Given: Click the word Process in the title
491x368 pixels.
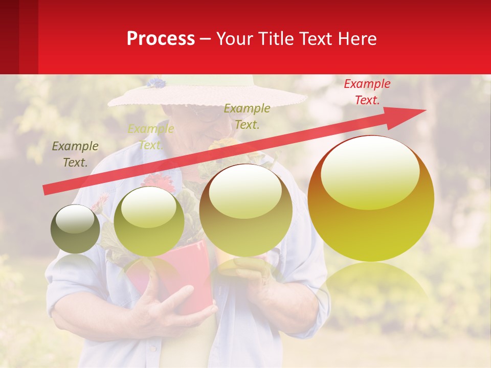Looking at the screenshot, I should [x=161, y=39].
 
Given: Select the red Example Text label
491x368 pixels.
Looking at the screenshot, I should [x=367, y=92].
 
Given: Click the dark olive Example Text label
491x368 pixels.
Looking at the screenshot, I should [x=75, y=154].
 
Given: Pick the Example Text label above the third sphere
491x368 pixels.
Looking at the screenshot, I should [x=247, y=117].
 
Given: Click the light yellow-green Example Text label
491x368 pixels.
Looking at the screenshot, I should [x=150, y=137].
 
